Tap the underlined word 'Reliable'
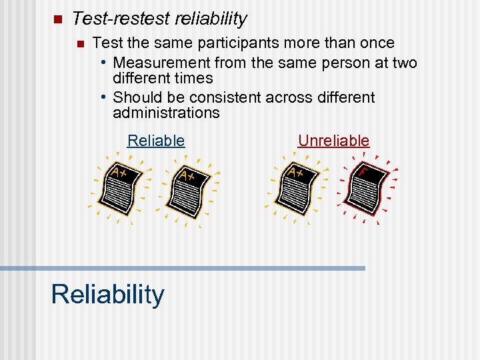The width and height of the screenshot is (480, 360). click(x=156, y=141)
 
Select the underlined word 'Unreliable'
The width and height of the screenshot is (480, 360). click(x=333, y=141)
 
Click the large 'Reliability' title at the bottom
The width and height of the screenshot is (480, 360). click(x=107, y=294)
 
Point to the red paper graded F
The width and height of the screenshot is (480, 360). click(x=367, y=188)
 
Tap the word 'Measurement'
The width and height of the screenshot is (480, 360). click(x=162, y=63)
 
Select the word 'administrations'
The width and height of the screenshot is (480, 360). click(x=166, y=113)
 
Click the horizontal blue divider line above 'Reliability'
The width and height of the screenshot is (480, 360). click(x=183, y=268)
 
